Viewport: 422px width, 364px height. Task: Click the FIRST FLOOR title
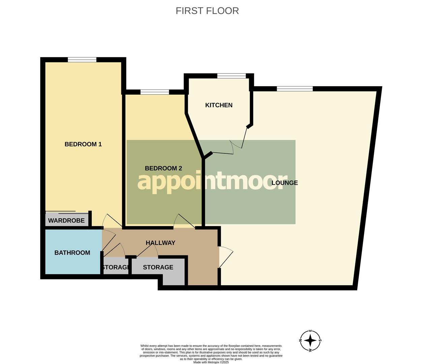click(x=207, y=11)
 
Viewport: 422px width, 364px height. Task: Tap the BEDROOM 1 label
click(x=83, y=144)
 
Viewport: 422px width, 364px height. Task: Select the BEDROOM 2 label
click(x=163, y=168)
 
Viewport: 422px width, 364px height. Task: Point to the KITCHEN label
click(x=219, y=105)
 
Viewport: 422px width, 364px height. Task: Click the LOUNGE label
click(x=285, y=183)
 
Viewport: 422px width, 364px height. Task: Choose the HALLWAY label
click(x=160, y=243)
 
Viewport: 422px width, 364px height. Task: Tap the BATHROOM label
click(x=72, y=253)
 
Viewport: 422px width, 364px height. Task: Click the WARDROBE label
click(x=66, y=221)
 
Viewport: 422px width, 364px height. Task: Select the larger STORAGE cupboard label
click(x=158, y=267)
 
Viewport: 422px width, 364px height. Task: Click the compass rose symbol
click(x=310, y=340)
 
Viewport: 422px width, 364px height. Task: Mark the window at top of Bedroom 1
click(x=82, y=60)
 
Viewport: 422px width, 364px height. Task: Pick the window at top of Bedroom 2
click(x=155, y=92)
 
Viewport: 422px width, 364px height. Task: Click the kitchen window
click(x=232, y=76)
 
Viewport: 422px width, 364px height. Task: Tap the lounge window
click(x=295, y=89)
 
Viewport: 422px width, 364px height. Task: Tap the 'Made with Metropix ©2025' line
click(x=211, y=362)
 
